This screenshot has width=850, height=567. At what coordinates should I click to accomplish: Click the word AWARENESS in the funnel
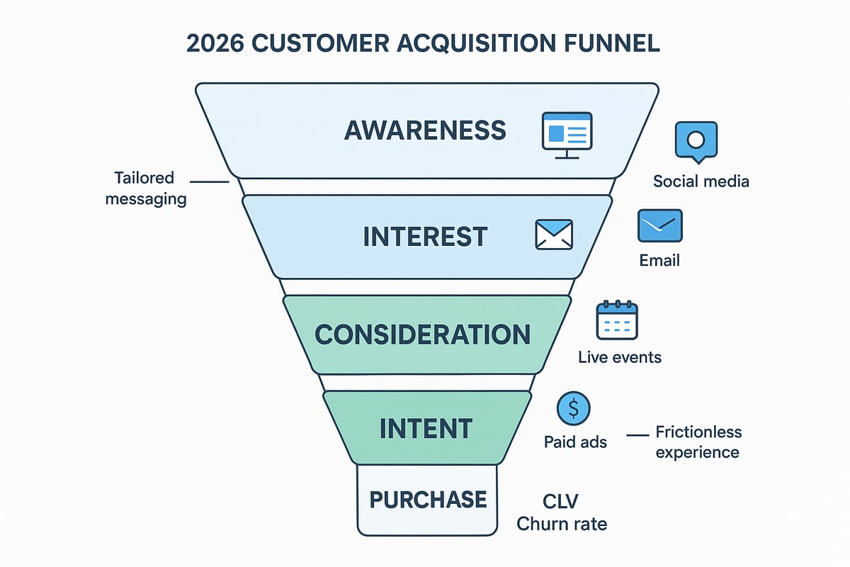click(x=425, y=130)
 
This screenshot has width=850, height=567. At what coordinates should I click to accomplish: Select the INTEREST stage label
click(x=425, y=236)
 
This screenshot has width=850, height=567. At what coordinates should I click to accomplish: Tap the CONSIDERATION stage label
click(x=422, y=334)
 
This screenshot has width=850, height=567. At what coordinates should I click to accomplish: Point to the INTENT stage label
click(x=426, y=428)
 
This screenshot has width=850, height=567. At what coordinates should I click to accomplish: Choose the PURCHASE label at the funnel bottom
click(x=428, y=499)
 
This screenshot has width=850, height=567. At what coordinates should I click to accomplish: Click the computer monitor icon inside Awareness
click(x=567, y=133)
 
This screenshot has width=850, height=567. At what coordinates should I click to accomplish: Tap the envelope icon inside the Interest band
click(x=553, y=235)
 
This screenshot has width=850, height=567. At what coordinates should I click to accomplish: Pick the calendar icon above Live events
click(x=617, y=320)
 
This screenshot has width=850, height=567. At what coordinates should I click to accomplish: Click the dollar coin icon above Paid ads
click(x=574, y=409)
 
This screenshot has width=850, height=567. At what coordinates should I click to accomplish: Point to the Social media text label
click(x=701, y=181)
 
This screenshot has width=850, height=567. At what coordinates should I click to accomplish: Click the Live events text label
click(x=620, y=357)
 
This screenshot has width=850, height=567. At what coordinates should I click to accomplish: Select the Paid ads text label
click(x=575, y=442)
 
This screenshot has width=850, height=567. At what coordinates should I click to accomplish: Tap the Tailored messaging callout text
click(x=146, y=189)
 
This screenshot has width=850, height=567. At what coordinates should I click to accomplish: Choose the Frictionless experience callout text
click(x=698, y=442)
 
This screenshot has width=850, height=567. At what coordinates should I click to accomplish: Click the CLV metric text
click(x=560, y=502)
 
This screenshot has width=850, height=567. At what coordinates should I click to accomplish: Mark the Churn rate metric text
click(x=562, y=524)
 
